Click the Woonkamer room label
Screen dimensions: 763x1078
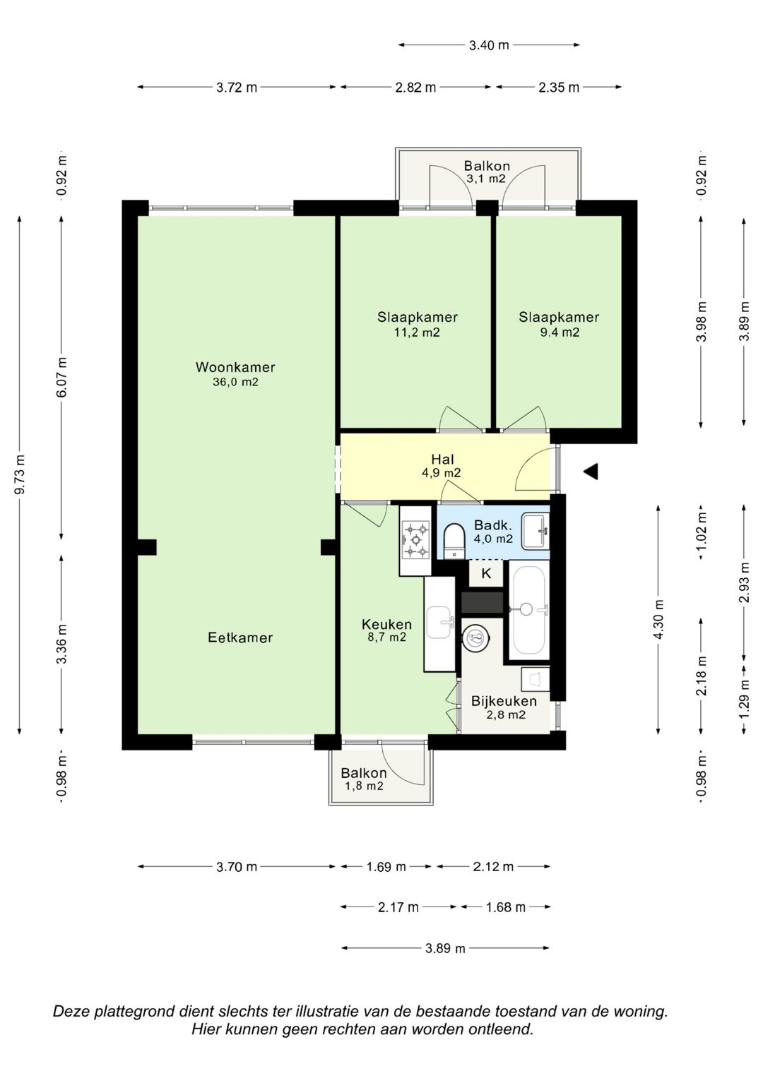click(x=235, y=367)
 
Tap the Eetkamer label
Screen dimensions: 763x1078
click(x=240, y=637)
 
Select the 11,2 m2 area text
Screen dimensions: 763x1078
click(x=417, y=333)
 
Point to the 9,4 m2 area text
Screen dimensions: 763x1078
click(x=560, y=333)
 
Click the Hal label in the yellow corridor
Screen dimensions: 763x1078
click(x=442, y=459)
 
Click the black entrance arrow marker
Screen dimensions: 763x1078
click(x=591, y=471)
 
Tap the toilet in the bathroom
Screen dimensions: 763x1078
click(x=454, y=541)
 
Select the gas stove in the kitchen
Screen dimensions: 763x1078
click(x=415, y=539)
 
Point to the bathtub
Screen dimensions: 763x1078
click(x=528, y=610)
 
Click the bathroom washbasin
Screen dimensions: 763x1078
click(x=536, y=532)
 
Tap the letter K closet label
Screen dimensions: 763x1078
click(x=487, y=574)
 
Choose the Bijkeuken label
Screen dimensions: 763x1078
click(x=504, y=701)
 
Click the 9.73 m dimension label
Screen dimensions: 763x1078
click(x=20, y=474)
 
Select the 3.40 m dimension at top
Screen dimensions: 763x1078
click(x=489, y=45)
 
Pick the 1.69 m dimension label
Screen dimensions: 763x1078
click(x=386, y=867)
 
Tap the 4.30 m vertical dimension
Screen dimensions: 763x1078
click(x=659, y=619)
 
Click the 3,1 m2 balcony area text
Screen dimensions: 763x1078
click(x=487, y=179)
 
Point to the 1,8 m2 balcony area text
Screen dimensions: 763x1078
click(x=364, y=786)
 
